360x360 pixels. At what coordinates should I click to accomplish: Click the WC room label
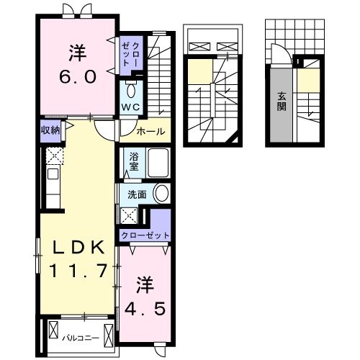click(130, 107)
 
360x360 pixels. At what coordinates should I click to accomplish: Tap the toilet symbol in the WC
click(130, 91)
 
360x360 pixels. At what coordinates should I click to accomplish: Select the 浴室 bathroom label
click(134, 161)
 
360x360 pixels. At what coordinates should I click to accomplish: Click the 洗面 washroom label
click(138, 194)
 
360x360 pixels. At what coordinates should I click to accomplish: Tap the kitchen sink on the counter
click(52, 174)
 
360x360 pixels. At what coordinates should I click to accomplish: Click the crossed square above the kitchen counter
click(52, 155)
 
